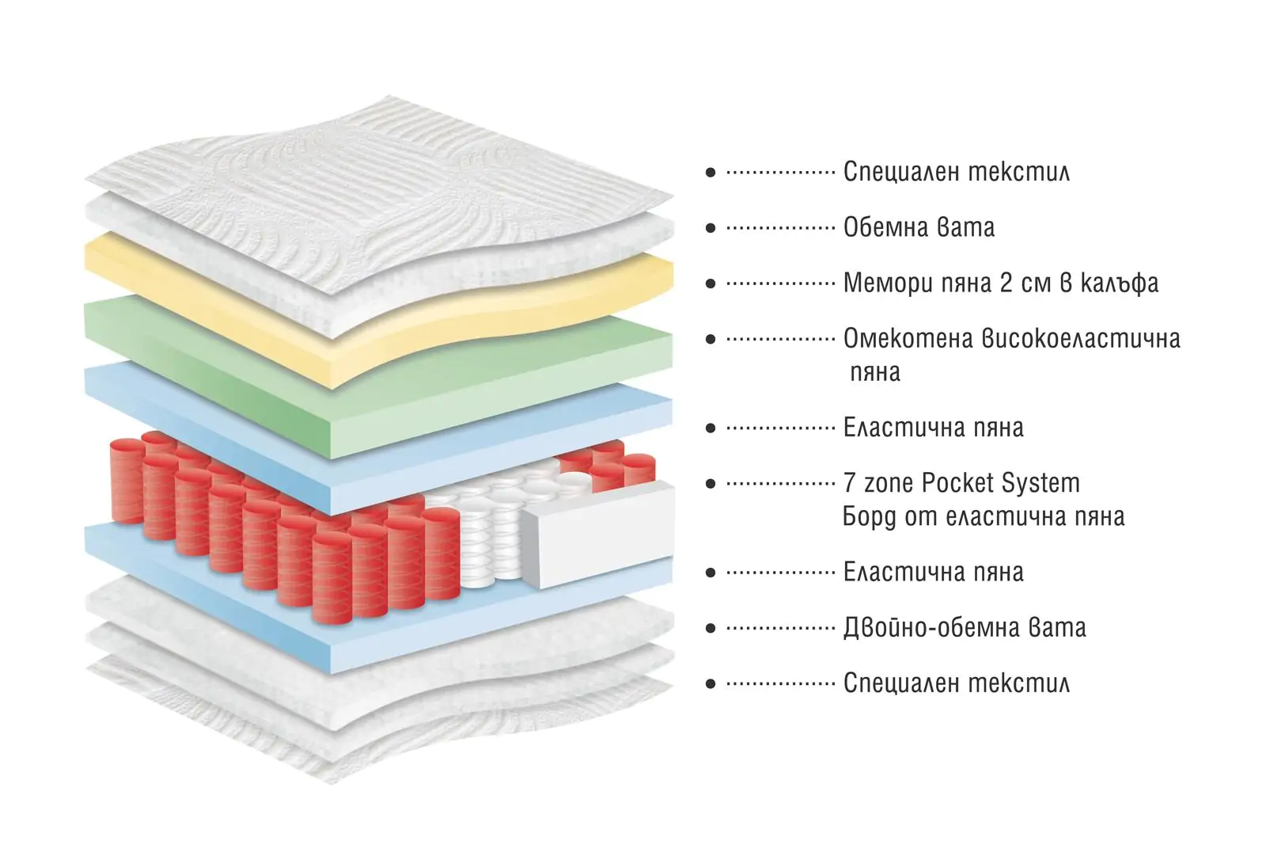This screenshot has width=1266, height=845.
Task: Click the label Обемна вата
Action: point(919,227)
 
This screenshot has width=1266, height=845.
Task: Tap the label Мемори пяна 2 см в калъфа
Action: point(1001,283)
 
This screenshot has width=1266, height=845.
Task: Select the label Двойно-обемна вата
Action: point(965,628)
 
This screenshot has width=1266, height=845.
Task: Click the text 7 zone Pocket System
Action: point(961,483)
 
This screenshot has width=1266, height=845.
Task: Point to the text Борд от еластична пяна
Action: point(984,516)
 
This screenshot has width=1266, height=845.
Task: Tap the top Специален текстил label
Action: point(957,172)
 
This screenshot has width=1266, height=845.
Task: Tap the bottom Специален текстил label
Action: point(957,683)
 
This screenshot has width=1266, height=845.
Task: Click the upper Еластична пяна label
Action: point(933,428)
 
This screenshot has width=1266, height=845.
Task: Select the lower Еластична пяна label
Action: point(933,573)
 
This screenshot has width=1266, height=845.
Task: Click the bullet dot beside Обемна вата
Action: point(711,228)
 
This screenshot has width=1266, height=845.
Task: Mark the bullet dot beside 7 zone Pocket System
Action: point(711,484)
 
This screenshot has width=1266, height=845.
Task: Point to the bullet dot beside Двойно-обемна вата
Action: point(711,628)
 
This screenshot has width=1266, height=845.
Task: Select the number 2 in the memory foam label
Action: point(1006,283)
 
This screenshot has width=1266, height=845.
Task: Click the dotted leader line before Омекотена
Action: point(780,340)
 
